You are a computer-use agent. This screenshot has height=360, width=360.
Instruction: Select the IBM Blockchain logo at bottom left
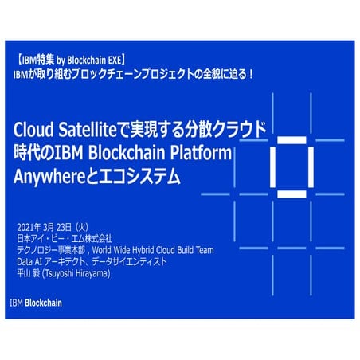(35, 303)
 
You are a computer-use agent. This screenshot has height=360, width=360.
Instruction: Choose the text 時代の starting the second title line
(33, 151)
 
